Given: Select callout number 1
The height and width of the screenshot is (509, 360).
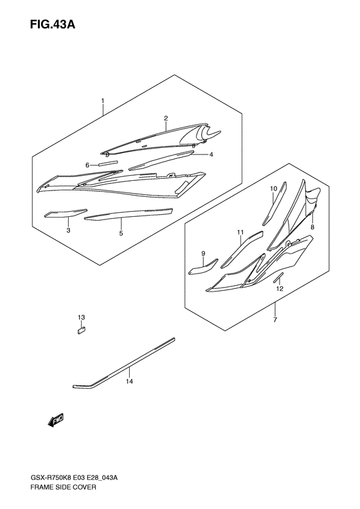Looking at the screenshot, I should (102, 101).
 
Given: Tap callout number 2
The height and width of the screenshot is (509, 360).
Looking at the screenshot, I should (165, 118).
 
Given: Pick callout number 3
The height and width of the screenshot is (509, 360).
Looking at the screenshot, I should (67, 230).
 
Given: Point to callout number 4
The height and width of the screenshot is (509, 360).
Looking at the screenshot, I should (210, 154).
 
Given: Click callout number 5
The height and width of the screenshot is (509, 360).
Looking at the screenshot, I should (121, 233).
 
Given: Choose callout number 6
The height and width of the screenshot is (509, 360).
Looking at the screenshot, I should (87, 165).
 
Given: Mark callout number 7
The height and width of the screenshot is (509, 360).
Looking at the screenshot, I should (274, 320).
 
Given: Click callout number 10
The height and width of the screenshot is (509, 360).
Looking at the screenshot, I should (273, 189).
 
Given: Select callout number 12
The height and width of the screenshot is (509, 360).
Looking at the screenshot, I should (280, 290).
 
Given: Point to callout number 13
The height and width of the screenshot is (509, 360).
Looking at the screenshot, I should (82, 318).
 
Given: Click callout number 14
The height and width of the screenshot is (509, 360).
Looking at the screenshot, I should (129, 382).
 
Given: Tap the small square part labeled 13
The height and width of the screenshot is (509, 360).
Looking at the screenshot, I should (82, 331).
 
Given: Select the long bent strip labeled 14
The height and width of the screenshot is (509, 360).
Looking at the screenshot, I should (122, 364).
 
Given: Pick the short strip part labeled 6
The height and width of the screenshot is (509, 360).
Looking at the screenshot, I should (108, 165).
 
